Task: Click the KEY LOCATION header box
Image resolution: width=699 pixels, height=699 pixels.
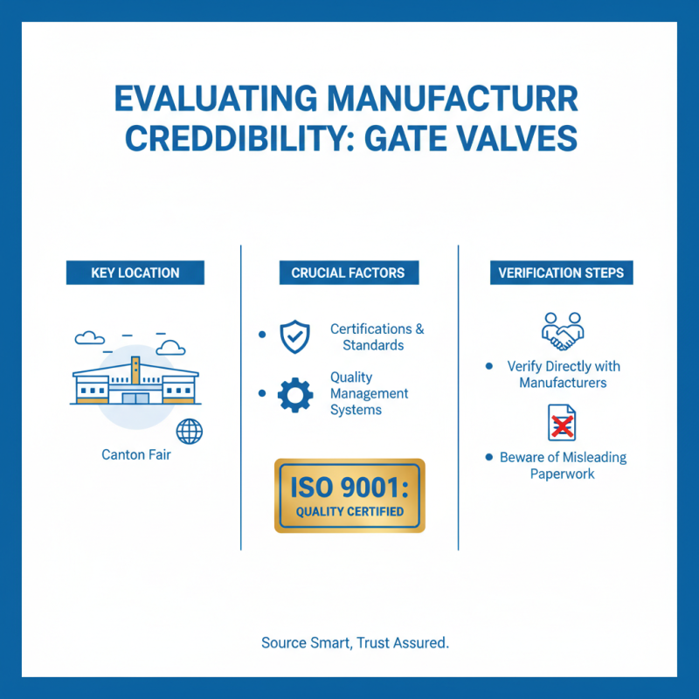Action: [x=135, y=273]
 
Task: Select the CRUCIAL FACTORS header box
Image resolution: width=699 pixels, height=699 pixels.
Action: [x=348, y=273]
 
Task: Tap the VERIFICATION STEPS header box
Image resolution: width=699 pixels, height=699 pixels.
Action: [x=562, y=273]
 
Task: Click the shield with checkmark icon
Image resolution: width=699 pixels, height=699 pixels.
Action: [x=294, y=336]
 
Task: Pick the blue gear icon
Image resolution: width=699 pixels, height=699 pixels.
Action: [x=294, y=394]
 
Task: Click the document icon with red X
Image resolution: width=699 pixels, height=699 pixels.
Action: [x=562, y=423]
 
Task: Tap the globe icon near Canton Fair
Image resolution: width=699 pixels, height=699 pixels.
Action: [x=189, y=432]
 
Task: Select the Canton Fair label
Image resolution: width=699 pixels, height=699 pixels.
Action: [x=135, y=454]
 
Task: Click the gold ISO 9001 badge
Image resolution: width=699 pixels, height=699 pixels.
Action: [x=349, y=495]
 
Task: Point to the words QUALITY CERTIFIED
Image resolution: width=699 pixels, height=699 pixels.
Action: [x=349, y=511]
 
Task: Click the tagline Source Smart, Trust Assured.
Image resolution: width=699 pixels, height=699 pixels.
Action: [x=355, y=643]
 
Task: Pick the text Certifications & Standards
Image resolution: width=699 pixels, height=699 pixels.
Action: [x=377, y=337]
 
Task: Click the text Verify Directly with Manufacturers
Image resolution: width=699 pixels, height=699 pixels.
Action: [x=563, y=374]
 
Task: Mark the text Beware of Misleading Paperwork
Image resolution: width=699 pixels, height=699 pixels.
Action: [x=563, y=466]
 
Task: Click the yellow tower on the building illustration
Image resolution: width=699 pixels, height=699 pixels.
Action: [x=135, y=371]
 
